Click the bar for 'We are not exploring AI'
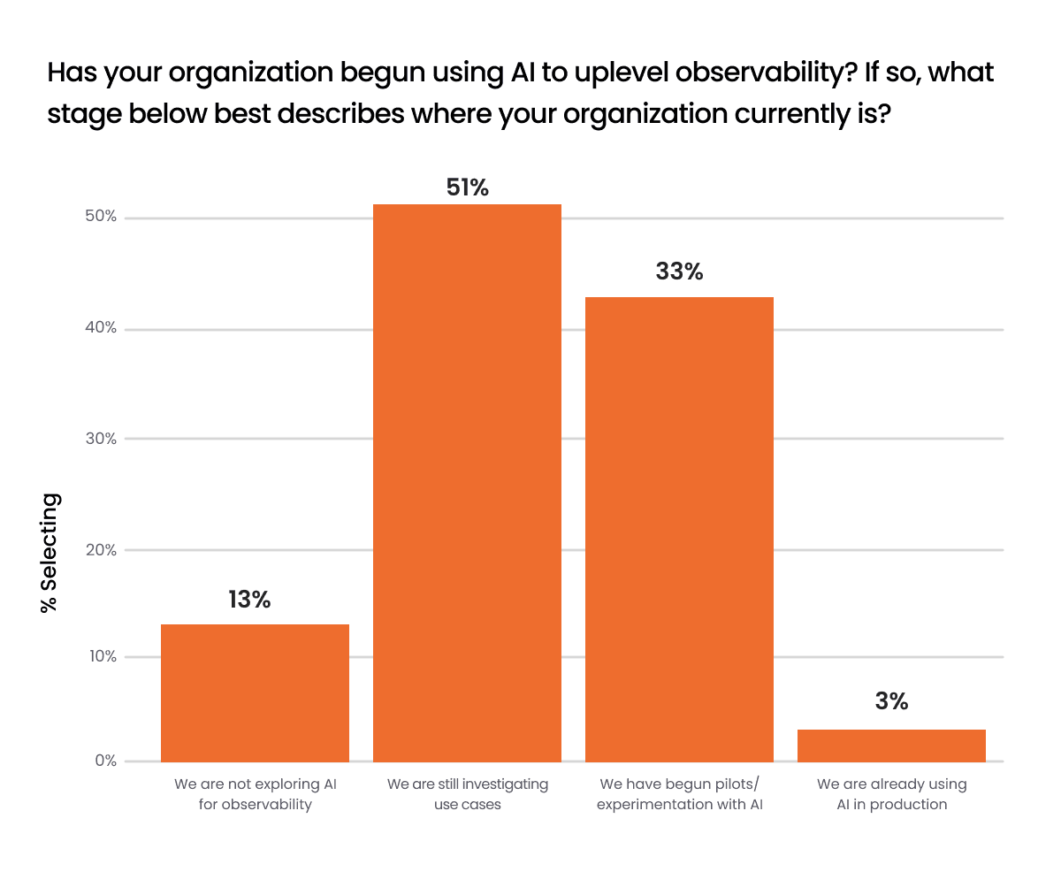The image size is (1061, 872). tap(255, 692)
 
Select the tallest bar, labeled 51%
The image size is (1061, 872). tap(467, 483)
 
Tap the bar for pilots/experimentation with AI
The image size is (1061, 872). tap(679, 529)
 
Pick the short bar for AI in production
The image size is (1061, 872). tap(891, 745)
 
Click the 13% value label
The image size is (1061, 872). tap(249, 600)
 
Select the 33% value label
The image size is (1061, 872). tap(679, 272)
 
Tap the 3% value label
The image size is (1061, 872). tap(892, 701)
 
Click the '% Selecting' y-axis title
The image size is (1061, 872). tap(51, 553)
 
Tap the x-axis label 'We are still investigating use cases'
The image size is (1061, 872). tap(468, 794)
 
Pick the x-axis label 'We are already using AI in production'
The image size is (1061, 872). tap(891, 794)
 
